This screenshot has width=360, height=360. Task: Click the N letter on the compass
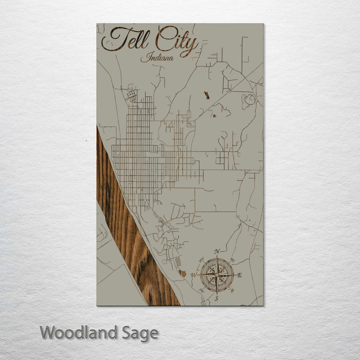coord(217,252)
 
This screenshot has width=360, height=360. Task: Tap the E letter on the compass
coord(239,275)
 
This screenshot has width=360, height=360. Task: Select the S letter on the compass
coord(216,298)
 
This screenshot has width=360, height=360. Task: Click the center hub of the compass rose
coord(217,274)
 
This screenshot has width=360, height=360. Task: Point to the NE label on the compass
coord(232,260)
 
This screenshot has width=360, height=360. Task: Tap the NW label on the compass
coord(202,260)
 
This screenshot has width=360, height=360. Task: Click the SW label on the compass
coord(202,290)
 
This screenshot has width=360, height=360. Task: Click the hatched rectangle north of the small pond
coord(178,261)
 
